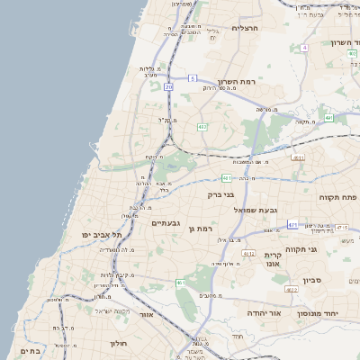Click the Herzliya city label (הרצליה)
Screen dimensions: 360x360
245,28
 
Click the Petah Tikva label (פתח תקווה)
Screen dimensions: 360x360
338,196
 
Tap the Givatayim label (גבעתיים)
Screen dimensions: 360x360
166,223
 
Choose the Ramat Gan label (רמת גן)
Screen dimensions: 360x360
206,229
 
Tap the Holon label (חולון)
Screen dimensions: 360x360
120,343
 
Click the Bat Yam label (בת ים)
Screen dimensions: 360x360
30,351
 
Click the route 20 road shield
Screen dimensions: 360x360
168,87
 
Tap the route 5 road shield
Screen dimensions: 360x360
192,79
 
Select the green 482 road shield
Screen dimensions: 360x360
203,127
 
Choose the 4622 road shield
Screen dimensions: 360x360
291,290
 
